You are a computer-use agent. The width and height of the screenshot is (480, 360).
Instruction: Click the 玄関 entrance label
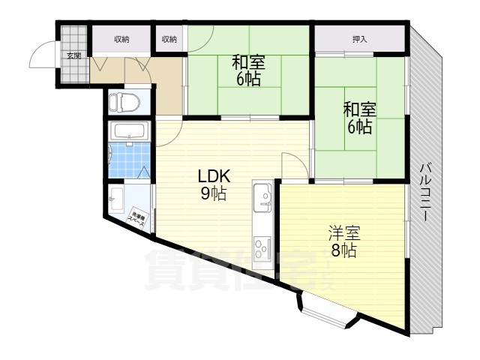coord(73,56)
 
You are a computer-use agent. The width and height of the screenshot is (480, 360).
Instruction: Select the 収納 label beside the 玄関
coord(121,39)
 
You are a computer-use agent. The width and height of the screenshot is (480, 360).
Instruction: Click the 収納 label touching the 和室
coord(169,39)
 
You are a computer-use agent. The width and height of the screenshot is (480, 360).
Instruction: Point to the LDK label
coord(213,177)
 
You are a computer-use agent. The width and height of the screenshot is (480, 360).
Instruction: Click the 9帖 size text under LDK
coord(213,194)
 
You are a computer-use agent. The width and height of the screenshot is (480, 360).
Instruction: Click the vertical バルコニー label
coord(424,191)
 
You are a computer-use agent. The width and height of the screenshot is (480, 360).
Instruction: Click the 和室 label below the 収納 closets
coord(247,61)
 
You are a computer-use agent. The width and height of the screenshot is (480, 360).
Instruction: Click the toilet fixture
coord(128,101)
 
